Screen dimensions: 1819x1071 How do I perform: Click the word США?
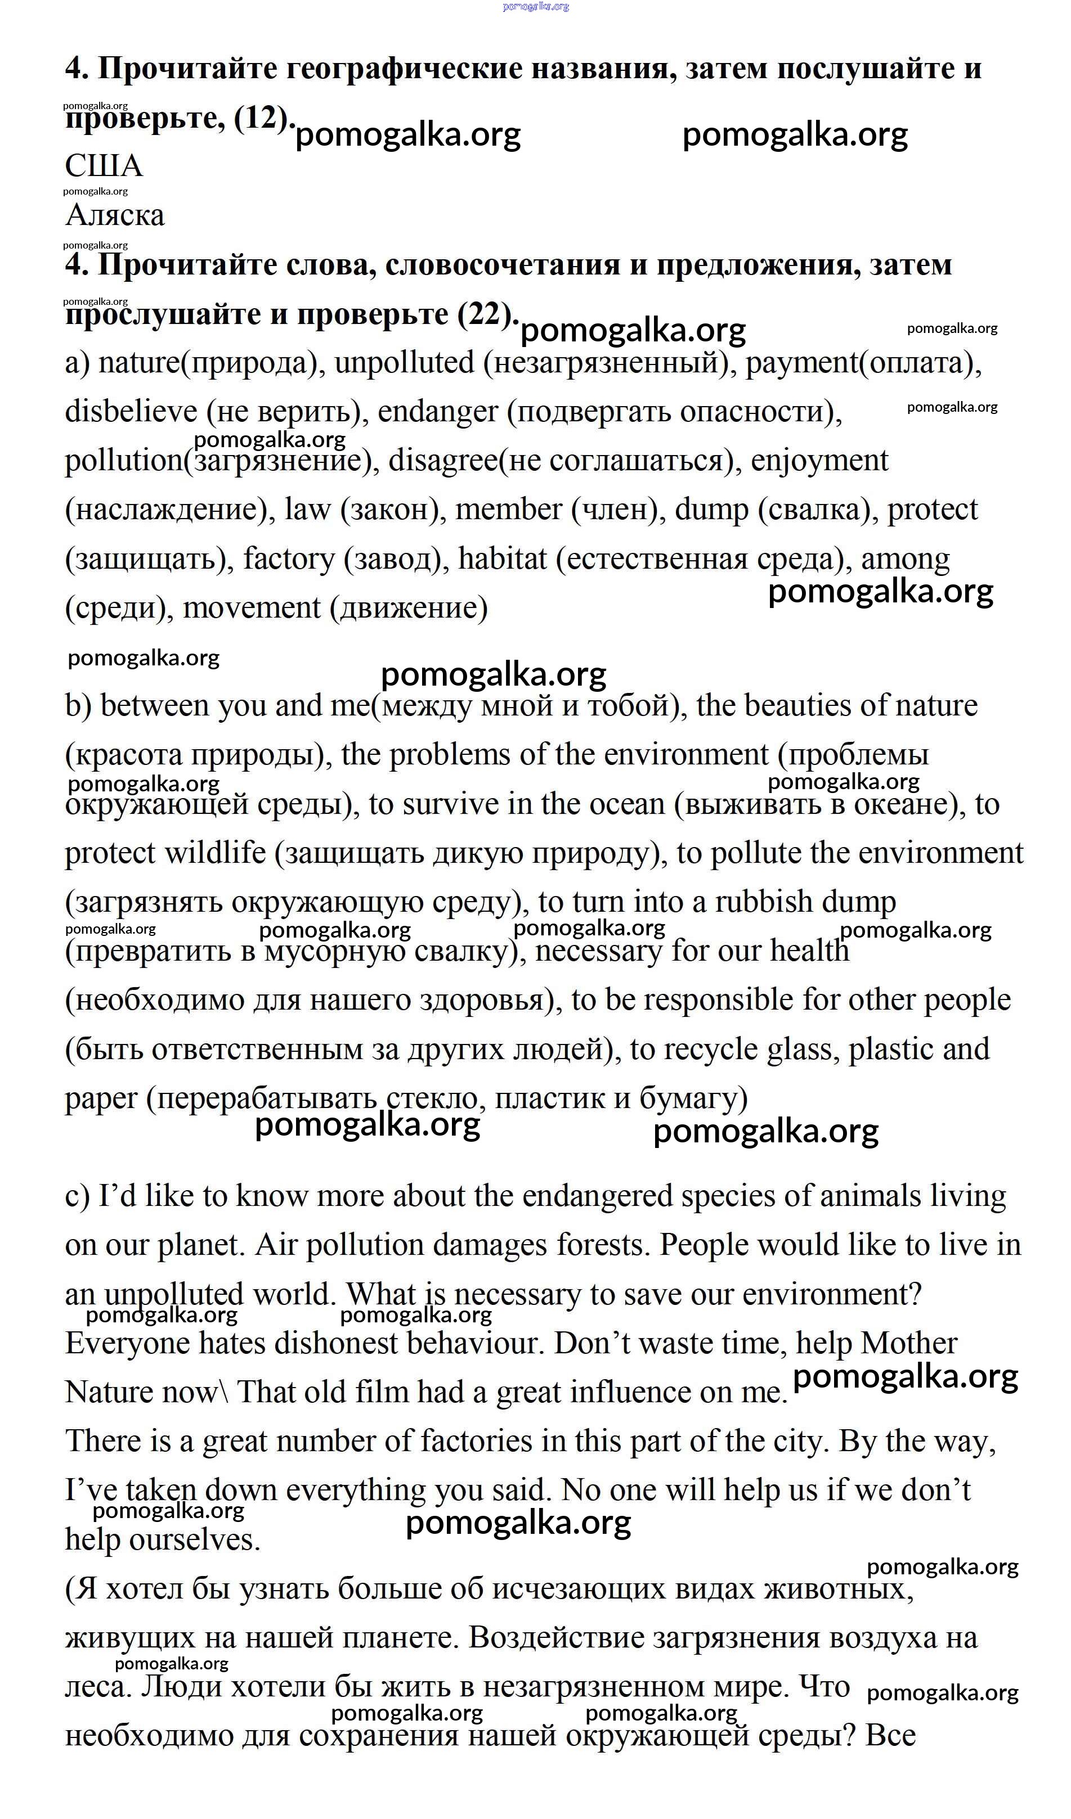coord(104,166)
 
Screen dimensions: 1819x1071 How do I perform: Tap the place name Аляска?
coord(115,215)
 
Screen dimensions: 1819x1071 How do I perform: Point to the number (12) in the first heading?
coord(261,118)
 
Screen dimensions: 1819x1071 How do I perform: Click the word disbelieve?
coord(131,412)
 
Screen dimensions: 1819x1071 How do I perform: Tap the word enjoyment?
coord(819,461)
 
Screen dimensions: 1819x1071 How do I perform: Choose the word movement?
coord(252,608)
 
